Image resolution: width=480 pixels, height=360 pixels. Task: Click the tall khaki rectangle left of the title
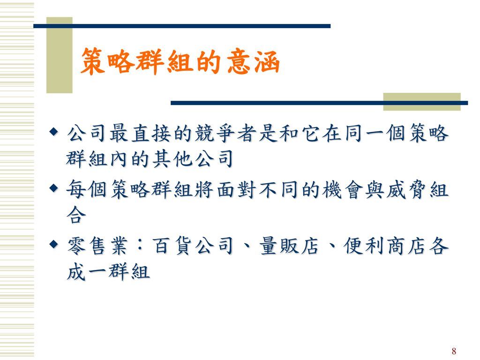pos(59,55)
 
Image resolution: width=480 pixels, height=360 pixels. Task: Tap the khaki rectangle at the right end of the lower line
pos(421,101)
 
